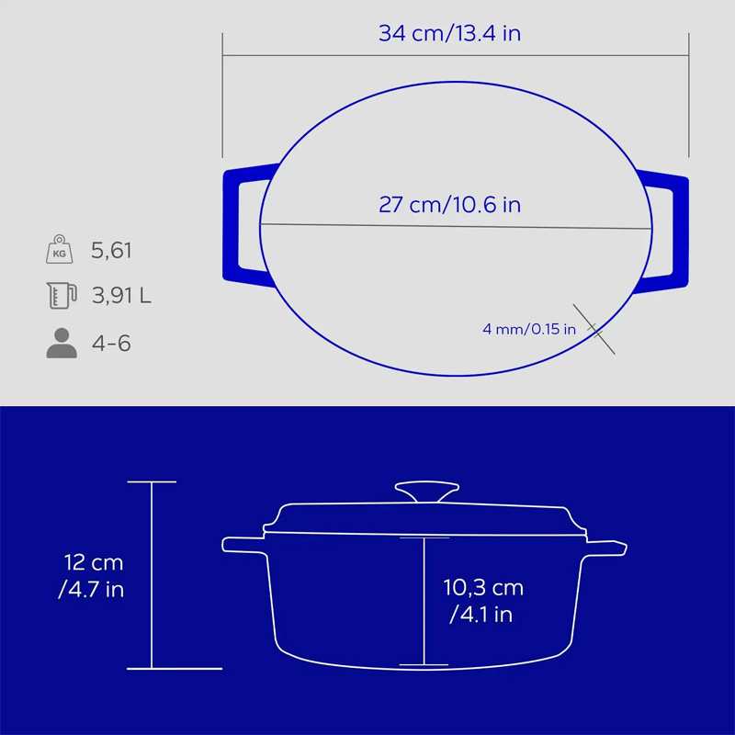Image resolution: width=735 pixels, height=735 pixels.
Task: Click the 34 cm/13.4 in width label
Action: [x=449, y=33]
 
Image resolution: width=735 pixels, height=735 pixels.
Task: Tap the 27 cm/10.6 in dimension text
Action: [x=449, y=205]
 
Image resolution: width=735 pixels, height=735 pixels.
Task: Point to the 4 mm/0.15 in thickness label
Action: [x=529, y=329]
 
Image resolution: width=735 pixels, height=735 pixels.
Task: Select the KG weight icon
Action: [x=60, y=249]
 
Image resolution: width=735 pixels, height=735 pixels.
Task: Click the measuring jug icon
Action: [x=62, y=295]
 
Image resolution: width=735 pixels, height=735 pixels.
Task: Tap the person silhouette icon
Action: [x=62, y=343]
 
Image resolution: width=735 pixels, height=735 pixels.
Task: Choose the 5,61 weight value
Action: [x=111, y=250]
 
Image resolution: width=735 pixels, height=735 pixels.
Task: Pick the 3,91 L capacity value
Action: [x=121, y=295]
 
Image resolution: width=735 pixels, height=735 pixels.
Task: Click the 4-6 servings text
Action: [x=111, y=343]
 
